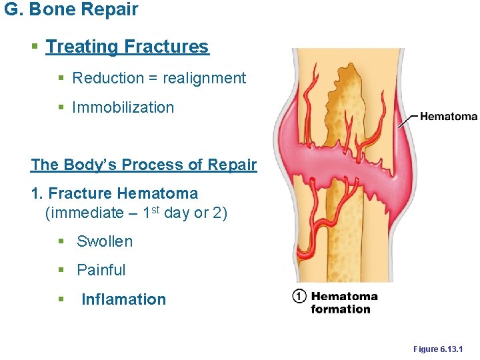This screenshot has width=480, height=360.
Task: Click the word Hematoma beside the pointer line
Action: coord(449,117)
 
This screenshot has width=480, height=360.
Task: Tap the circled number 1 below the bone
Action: coord(299,297)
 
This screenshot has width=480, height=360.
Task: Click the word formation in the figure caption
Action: coord(340,309)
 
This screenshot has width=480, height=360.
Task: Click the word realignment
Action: coord(204,78)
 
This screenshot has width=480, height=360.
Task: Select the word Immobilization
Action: coord(123,107)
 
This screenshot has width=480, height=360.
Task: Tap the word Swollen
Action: coord(105,241)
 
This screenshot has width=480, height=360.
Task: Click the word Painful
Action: coord(101,270)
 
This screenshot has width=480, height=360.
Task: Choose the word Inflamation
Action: coord(123,299)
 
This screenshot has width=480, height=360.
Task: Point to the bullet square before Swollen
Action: coord(61,242)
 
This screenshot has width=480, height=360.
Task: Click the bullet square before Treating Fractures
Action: coord(35,47)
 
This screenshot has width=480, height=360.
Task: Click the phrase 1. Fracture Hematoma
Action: coord(115,194)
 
